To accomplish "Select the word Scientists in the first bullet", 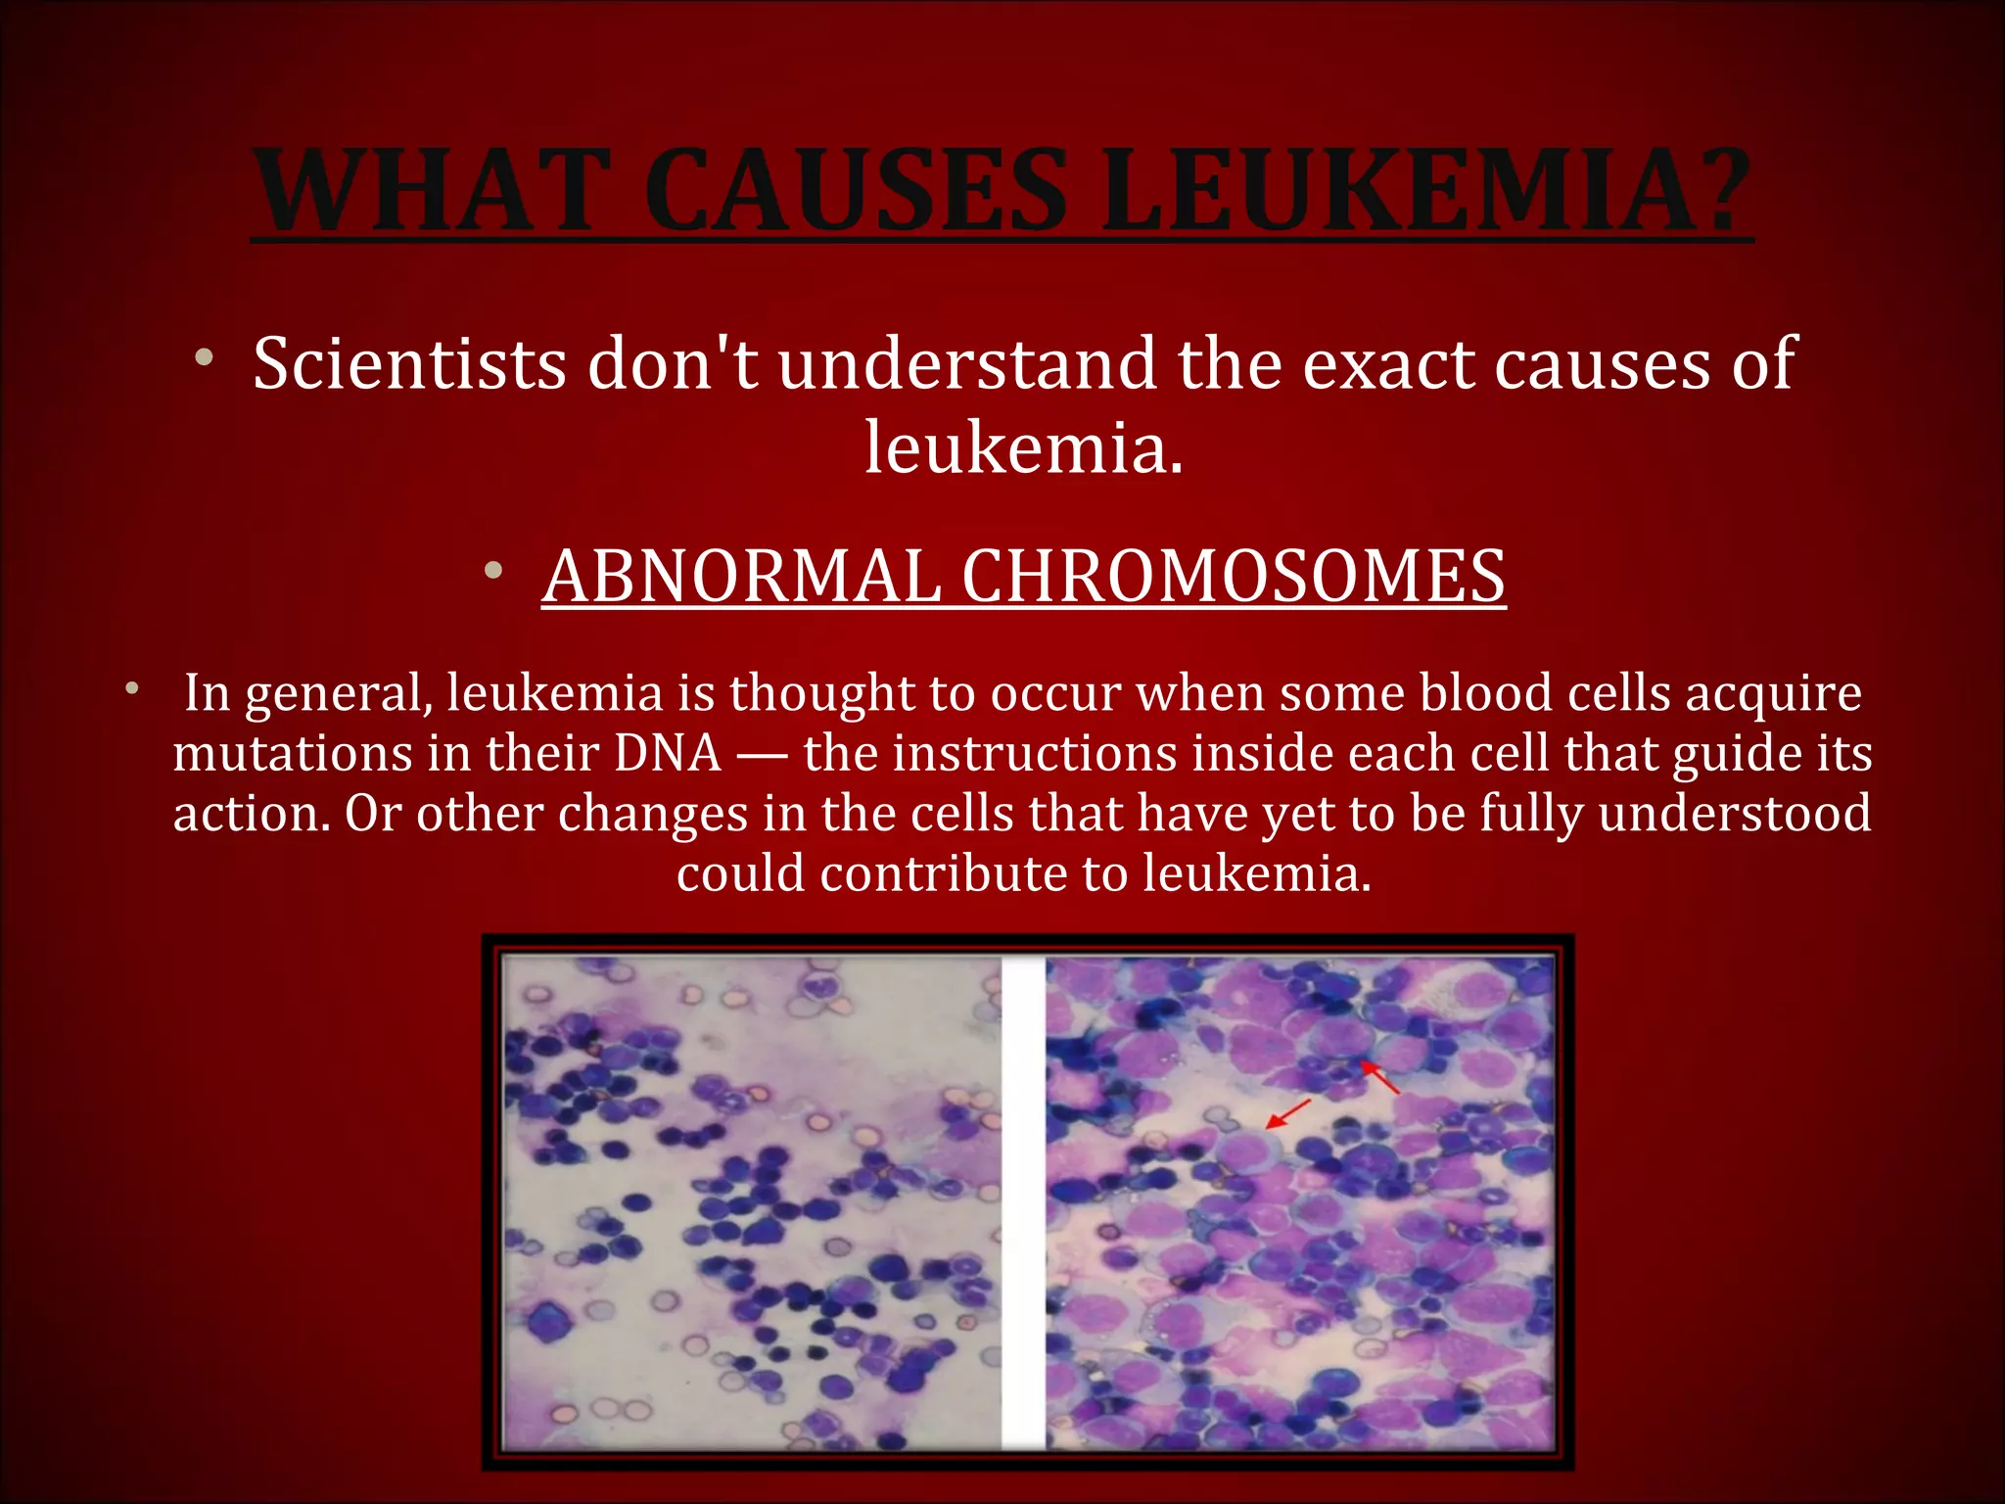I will (x=409, y=364).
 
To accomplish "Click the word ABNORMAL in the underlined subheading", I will (x=741, y=577).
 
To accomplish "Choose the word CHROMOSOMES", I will (x=1234, y=577).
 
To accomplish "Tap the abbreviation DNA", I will (x=668, y=754).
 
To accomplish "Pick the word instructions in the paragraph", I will (x=1039, y=754).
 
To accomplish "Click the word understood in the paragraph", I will (x=1734, y=814).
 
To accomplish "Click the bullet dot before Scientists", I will (x=204, y=357).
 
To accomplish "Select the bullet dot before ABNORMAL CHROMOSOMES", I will (x=492, y=570).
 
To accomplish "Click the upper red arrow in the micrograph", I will (x=1380, y=1077).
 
